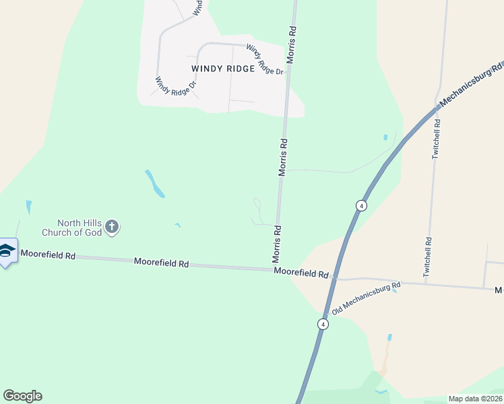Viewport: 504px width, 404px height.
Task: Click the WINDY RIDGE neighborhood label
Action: pyautogui.click(x=223, y=69)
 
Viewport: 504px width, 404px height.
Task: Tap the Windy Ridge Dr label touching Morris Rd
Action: pyautogui.click(x=264, y=60)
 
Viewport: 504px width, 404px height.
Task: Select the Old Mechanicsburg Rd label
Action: pyautogui.click(x=367, y=298)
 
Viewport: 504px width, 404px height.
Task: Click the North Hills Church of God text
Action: pyautogui.click(x=80, y=228)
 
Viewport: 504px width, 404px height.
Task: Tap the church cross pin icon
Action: pyautogui.click(x=113, y=228)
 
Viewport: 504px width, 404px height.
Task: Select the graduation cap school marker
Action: pyautogui.click(x=7, y=252)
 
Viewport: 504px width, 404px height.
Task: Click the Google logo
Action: pyautogui.click(x=22, y=396)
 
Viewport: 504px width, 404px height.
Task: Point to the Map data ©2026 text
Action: pyautogui.click(x=476, y=399)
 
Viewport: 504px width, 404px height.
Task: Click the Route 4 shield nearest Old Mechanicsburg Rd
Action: pyautogui.click(x=323, y=324)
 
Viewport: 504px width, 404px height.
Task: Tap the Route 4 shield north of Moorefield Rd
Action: pyautogui.click(x=362, y=205)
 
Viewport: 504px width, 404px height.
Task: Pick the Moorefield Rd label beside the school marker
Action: pyautogui.click(x=48, y=255)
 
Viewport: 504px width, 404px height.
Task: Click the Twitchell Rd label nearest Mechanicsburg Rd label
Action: pyautogui.click(x=437, y=139)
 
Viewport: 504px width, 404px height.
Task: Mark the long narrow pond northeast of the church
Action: pyautogui.click(x=154, y=183)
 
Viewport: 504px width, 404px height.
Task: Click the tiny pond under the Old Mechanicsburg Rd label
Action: pyautogui.click(x=395, y=291)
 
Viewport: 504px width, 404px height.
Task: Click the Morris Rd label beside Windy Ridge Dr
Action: pyautogui.click(x=291, y=45)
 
